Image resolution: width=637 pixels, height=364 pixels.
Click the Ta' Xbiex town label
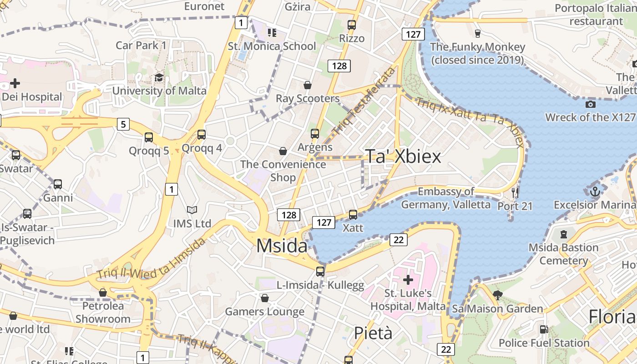coord(403,157)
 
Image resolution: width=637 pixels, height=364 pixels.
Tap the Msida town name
coord(282,246)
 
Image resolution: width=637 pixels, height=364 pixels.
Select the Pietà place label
coord(373,333)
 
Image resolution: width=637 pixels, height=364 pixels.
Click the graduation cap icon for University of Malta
coord(159,77)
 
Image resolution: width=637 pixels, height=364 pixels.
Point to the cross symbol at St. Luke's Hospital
coord(408,279)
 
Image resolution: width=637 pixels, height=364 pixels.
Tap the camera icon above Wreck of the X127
coord(590,104)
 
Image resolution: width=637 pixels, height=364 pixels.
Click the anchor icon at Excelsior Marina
coord(595,192)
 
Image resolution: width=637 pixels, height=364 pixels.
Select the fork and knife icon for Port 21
coord(515,192)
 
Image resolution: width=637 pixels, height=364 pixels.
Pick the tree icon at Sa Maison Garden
coord(497,295)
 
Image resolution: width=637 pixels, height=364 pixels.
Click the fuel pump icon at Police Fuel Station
coord(544,329)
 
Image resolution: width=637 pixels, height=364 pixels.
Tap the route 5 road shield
coord(123,124)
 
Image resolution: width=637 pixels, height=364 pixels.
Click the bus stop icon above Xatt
coord(353,214)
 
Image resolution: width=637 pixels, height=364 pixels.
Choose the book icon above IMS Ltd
coord(192,210)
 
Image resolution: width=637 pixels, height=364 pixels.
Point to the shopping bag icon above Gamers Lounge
coord(265,298)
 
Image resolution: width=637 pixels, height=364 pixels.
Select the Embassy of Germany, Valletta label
coord(446,198)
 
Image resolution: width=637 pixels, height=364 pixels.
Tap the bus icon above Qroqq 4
coord(202,135)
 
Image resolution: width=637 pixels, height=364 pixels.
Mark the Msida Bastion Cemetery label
coord(563,254)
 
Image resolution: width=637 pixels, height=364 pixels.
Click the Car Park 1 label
coord(141,45)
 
